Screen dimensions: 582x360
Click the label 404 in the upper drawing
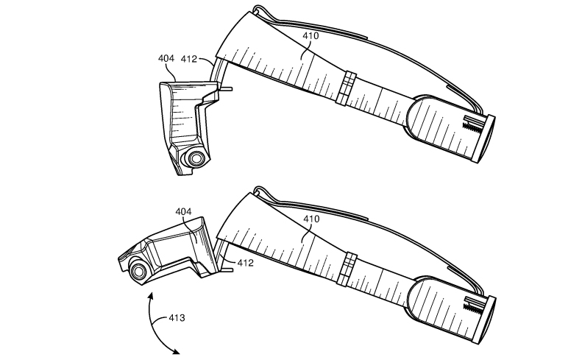[x=166, y=58]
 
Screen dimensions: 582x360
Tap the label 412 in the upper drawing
[x=188, y=59]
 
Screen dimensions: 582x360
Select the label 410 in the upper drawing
[x=310, y=35]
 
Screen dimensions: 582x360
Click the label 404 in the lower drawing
[x=183, y=212]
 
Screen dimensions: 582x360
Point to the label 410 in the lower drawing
[x=311, y=219]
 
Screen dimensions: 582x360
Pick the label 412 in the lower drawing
[x=245, y=263]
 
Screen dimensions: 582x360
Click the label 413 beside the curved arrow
[x=177, y=318]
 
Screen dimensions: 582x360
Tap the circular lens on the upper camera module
[x=196, y=158]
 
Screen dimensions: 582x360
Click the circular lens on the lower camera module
[x=138, y=271]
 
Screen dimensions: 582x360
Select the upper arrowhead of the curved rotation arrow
[x=150, y=296]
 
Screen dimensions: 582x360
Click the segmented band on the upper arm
[x=346, y=88]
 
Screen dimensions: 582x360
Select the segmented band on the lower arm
[x=347, y=269]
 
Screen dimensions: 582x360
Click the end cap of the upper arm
[x=483, y=139]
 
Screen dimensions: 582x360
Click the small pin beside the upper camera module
[x=227, y=89]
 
